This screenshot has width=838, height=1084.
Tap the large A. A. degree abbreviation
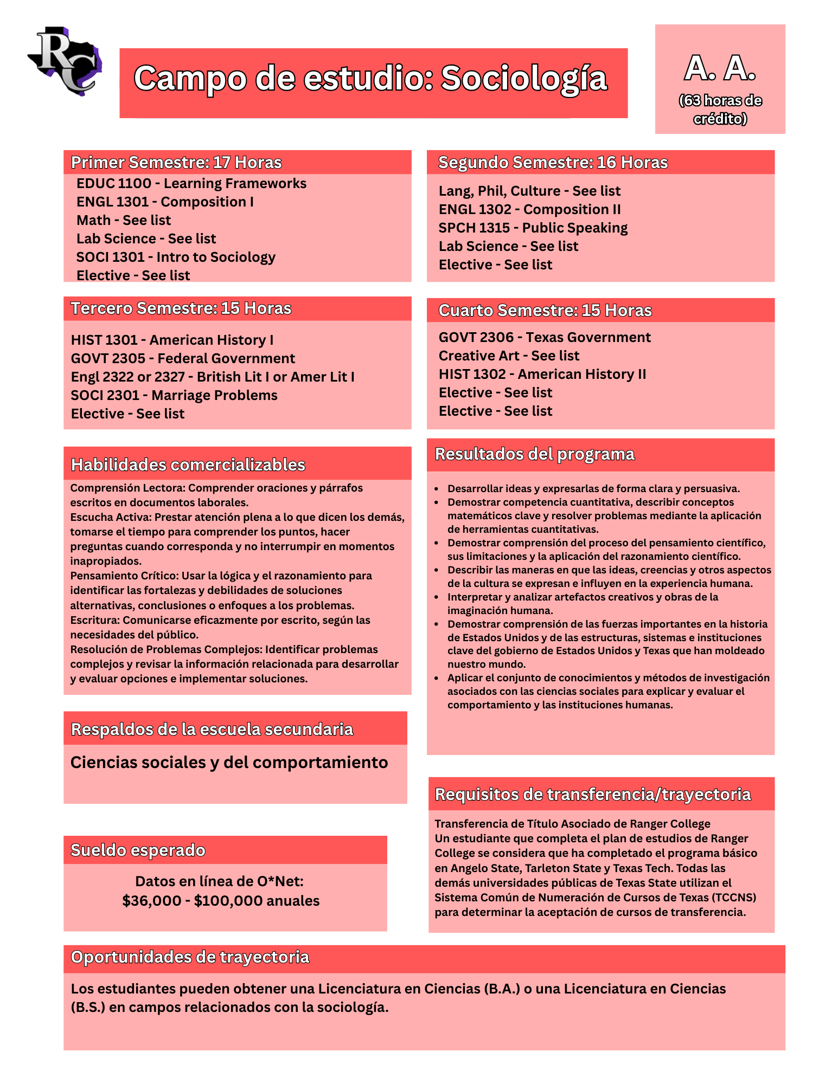click(x=720, y=69)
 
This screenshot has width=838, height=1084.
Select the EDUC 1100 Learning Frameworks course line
click(x=191, y=184)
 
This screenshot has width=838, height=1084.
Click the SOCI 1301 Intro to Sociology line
click(x=176, y=257)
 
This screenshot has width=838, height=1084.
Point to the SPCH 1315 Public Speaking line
click(x=533, y=228)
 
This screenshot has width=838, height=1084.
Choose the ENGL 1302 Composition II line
click(x=529, y=210)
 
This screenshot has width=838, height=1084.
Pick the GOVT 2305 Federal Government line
click(x=183, y=359)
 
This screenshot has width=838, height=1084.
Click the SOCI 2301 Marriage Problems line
click(x=174, y=396)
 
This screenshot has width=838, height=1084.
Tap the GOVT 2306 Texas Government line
click(x=545, y=338)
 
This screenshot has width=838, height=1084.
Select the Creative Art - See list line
click(x=509, y=356)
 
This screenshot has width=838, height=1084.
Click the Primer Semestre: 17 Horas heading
click(x=176, y=163)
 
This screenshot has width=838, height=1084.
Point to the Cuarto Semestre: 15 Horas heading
click(x=545, y=311)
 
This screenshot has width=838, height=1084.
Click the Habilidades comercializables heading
click(x=188, y=465)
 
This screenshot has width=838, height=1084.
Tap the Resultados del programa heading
click(x=534, y=454)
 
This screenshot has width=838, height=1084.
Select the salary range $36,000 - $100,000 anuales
click(x=221, y=901)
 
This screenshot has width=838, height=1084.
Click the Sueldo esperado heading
click(x=138, y=850)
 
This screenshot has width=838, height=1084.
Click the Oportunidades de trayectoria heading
click(x=190, y=958)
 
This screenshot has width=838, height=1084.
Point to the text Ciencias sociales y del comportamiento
click(x=229, y=763)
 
